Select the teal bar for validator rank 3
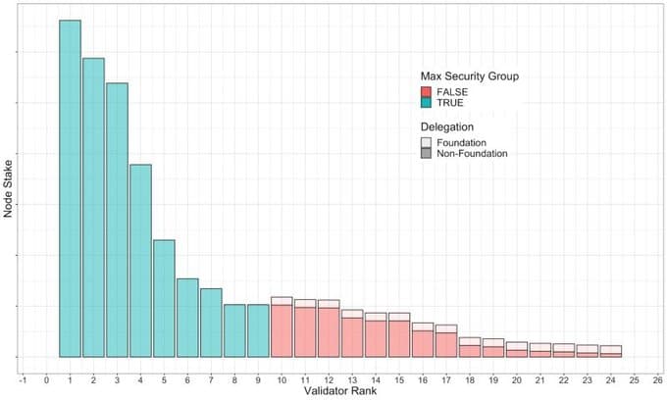[x=117, y=220]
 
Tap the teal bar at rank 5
[x=164, y=298]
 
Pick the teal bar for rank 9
[x=258, y=330]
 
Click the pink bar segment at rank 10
[x=282, y=331]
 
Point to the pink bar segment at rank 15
[x=399, y=339]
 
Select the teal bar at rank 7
[x=211, y=323]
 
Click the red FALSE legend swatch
[x=427, y=92]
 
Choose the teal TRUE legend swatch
[x=427, y=103]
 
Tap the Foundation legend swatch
[x=427, y=143]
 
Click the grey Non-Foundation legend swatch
[x=427, y=154]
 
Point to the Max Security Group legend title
[x=469, y=75]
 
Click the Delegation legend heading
[x=447, y=127]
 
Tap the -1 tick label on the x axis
[x=23, y=377]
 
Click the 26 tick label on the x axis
[x=658, y=377]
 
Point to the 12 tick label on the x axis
[x=329, y=377]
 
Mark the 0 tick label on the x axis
[x=46, y=377]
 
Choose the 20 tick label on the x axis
[x=517, y=377]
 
